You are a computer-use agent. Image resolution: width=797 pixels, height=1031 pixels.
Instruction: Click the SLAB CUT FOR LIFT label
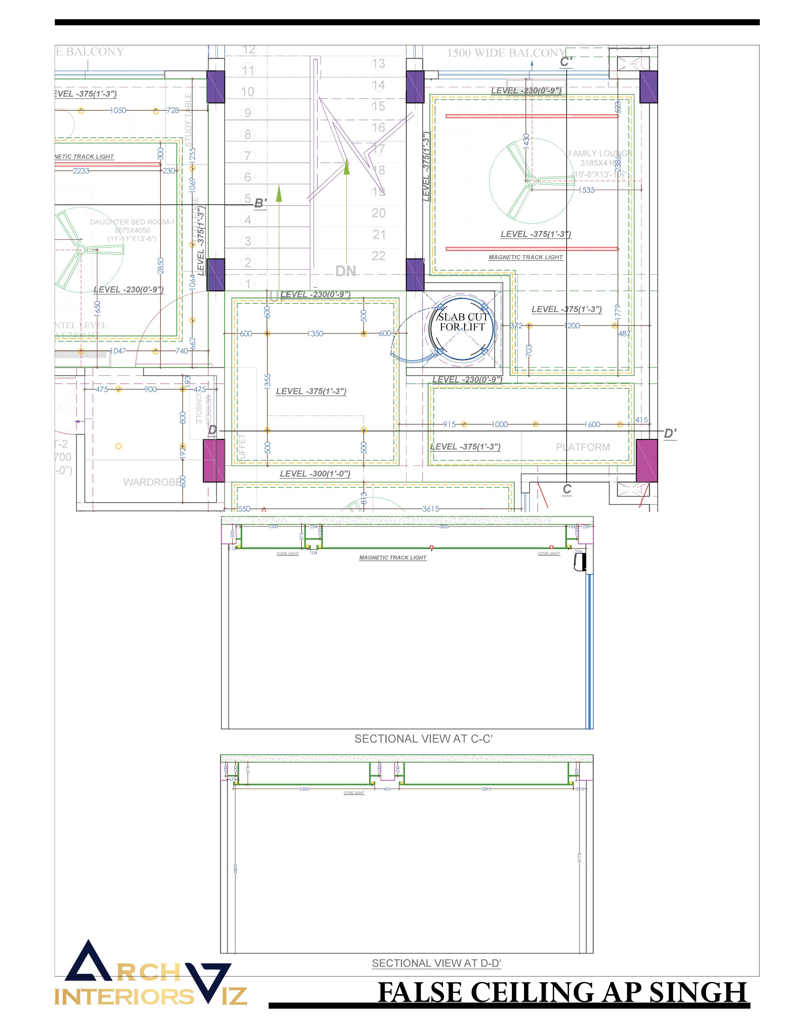coord(462,321)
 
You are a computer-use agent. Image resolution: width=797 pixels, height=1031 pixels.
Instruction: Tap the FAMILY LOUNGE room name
coord(600,153)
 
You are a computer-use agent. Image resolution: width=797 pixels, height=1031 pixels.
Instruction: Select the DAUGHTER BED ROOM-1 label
coord(132,222)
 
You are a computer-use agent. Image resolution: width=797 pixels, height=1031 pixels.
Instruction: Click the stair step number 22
coord(379,256)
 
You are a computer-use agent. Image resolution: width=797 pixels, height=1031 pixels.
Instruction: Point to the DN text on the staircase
coord(346,271)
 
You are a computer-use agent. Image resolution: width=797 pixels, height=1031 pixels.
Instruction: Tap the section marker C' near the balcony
coord(566,62)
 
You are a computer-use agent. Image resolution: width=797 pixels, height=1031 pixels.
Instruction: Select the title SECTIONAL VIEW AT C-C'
coord(424,739)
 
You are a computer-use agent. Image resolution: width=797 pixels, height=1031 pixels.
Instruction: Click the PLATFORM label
coord(583,447)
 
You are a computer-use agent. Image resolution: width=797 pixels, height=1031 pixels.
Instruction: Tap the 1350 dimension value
coord(315,334)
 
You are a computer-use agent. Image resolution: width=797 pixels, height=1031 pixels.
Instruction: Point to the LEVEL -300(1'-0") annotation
coord(315,474)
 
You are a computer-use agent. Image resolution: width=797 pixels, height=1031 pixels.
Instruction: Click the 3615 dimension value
coord(430,509)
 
